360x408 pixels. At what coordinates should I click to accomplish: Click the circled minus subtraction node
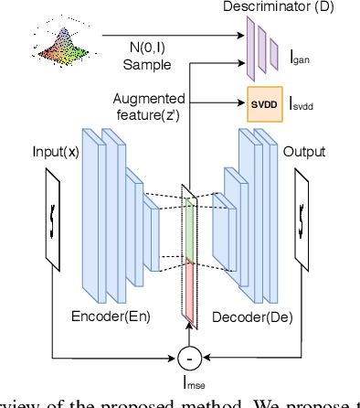(190, 354)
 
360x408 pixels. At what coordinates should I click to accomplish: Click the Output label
(304, 152)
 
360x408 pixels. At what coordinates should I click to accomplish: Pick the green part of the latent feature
(189, 225)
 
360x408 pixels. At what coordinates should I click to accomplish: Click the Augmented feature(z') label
(150, 104)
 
